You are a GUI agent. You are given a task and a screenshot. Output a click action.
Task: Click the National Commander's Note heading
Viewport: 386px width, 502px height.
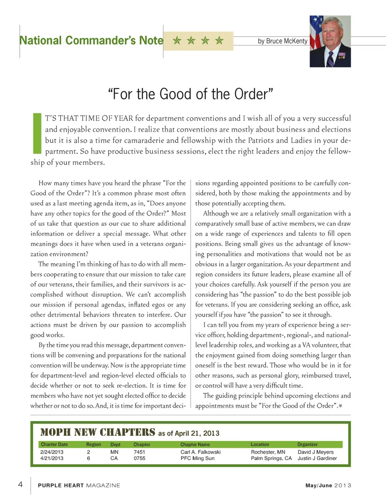91,41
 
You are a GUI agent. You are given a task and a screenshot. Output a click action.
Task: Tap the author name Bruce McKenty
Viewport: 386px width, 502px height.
282,41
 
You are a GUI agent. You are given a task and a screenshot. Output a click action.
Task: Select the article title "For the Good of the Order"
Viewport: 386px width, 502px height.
191,94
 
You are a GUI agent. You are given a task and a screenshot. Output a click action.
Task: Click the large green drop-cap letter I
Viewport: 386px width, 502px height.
37,134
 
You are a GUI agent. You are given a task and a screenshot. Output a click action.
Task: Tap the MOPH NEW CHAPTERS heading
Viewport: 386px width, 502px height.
98,432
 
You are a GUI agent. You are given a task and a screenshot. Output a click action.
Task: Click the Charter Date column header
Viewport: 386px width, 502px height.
54,445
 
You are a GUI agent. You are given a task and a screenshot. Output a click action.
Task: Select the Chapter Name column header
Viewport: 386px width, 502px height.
195,445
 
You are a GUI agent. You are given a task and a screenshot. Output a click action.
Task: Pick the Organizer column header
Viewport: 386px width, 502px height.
307,445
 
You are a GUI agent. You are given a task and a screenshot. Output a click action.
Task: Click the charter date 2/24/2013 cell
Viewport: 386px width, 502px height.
51,452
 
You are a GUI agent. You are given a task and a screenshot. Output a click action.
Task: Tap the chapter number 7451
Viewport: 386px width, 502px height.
139,452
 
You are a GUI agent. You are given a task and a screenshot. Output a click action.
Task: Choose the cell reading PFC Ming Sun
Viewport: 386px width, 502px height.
197,458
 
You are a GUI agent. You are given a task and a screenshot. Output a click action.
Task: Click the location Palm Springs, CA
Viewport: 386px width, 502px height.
271,458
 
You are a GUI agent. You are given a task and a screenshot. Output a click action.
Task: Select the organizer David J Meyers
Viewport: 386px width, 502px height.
315,452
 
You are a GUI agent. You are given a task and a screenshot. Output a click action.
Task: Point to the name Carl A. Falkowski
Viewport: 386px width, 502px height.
200,452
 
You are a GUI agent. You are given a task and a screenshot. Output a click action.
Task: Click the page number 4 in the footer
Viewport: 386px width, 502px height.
21,484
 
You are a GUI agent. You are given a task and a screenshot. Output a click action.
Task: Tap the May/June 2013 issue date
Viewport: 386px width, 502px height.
328,486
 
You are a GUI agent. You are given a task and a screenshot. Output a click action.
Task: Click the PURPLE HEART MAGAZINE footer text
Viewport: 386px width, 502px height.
79,486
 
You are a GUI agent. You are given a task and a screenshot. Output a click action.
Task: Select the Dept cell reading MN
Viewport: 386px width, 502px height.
114,452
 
